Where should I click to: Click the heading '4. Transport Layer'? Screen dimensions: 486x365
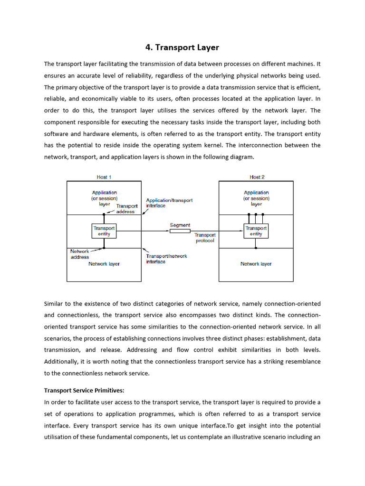pos(182,47)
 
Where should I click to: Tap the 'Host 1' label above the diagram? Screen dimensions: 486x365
pos(104,177)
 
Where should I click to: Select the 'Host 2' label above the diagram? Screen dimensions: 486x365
pos(257,177)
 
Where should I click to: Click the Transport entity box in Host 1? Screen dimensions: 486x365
pos(104,231)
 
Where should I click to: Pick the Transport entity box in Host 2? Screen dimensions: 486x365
pos(256,231)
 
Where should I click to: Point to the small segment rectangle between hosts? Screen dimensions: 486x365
pos(180,231)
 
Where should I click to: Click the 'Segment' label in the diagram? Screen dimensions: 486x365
pos(180,225)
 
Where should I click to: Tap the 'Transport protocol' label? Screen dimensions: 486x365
pos(205,238)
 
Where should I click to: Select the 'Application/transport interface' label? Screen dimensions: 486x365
pos(169,203)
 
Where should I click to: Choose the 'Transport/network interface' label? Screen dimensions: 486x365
pos(166,259)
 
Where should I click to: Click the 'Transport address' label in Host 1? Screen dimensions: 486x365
pos(126,209)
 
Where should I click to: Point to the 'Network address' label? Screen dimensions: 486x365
pos(79,254)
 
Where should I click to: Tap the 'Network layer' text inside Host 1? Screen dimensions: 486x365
pos(104,264)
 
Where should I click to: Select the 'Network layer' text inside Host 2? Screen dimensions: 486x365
pos(256,264)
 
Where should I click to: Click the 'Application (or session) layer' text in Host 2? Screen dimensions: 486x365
pos(256,198)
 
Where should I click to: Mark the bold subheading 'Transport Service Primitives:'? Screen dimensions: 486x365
pos(84,391)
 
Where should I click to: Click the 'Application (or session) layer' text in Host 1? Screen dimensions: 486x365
pos(104,198)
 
